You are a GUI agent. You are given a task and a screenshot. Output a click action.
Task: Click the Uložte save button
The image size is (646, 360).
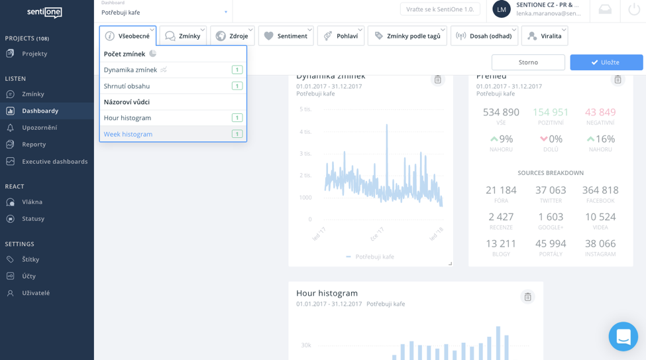[x=606, y=62]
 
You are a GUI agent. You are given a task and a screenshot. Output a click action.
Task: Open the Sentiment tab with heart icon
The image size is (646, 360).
[x=286, y=36]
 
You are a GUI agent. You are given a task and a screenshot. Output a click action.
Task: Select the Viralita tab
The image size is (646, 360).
[x=544, y=36]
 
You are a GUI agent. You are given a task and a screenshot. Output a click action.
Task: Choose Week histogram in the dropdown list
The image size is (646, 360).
[x=129, y=134]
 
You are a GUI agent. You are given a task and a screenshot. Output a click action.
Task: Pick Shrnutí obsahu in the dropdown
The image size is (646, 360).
[x=127, y=86]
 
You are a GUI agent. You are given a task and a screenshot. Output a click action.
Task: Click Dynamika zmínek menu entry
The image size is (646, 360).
[x=131, y=70]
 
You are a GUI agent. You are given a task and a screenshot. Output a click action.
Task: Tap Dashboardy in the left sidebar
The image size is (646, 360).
[x=40, y=111]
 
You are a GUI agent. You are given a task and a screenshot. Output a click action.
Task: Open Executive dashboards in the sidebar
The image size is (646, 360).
[x=54, y=161]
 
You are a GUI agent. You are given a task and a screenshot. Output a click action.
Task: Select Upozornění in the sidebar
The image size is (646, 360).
[x=39, y=127]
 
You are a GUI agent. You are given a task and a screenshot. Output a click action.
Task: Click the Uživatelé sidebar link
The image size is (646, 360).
[x=36, y=293]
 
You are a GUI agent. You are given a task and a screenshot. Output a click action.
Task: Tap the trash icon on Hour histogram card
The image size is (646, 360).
[x=527, y=297]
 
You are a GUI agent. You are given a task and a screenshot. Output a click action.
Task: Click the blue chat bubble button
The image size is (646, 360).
[x=623, y=337]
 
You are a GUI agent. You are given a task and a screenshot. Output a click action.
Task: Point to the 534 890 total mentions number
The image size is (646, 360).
[x=501, y=112]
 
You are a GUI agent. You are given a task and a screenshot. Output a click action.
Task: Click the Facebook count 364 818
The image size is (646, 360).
[x=600, y=190]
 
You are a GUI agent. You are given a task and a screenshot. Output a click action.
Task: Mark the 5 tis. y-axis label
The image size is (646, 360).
[x=305, y=109]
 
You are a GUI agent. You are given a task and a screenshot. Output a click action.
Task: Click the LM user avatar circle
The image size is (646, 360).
[x=502, y=9]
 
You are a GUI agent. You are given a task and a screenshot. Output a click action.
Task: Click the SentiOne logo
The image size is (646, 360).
[x=45, y=12]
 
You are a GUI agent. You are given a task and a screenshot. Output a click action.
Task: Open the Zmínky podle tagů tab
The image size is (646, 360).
[x=407, y=36]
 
